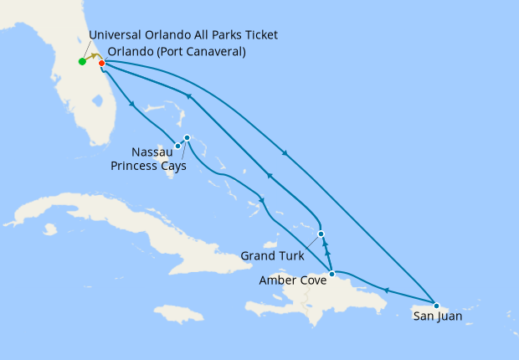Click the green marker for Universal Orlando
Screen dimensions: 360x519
(82, 61)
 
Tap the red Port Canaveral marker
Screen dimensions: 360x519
(100, 63)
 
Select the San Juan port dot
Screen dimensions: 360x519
(436, 306)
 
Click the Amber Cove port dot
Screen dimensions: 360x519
(332, 274)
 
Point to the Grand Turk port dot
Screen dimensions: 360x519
(321, 234)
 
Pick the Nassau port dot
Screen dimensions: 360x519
(177, 146)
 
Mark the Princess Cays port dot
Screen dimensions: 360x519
(187, 137)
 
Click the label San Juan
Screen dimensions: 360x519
(437, 317)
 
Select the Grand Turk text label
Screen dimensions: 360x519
(272, 255)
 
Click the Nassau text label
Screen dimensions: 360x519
(152, 152)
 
